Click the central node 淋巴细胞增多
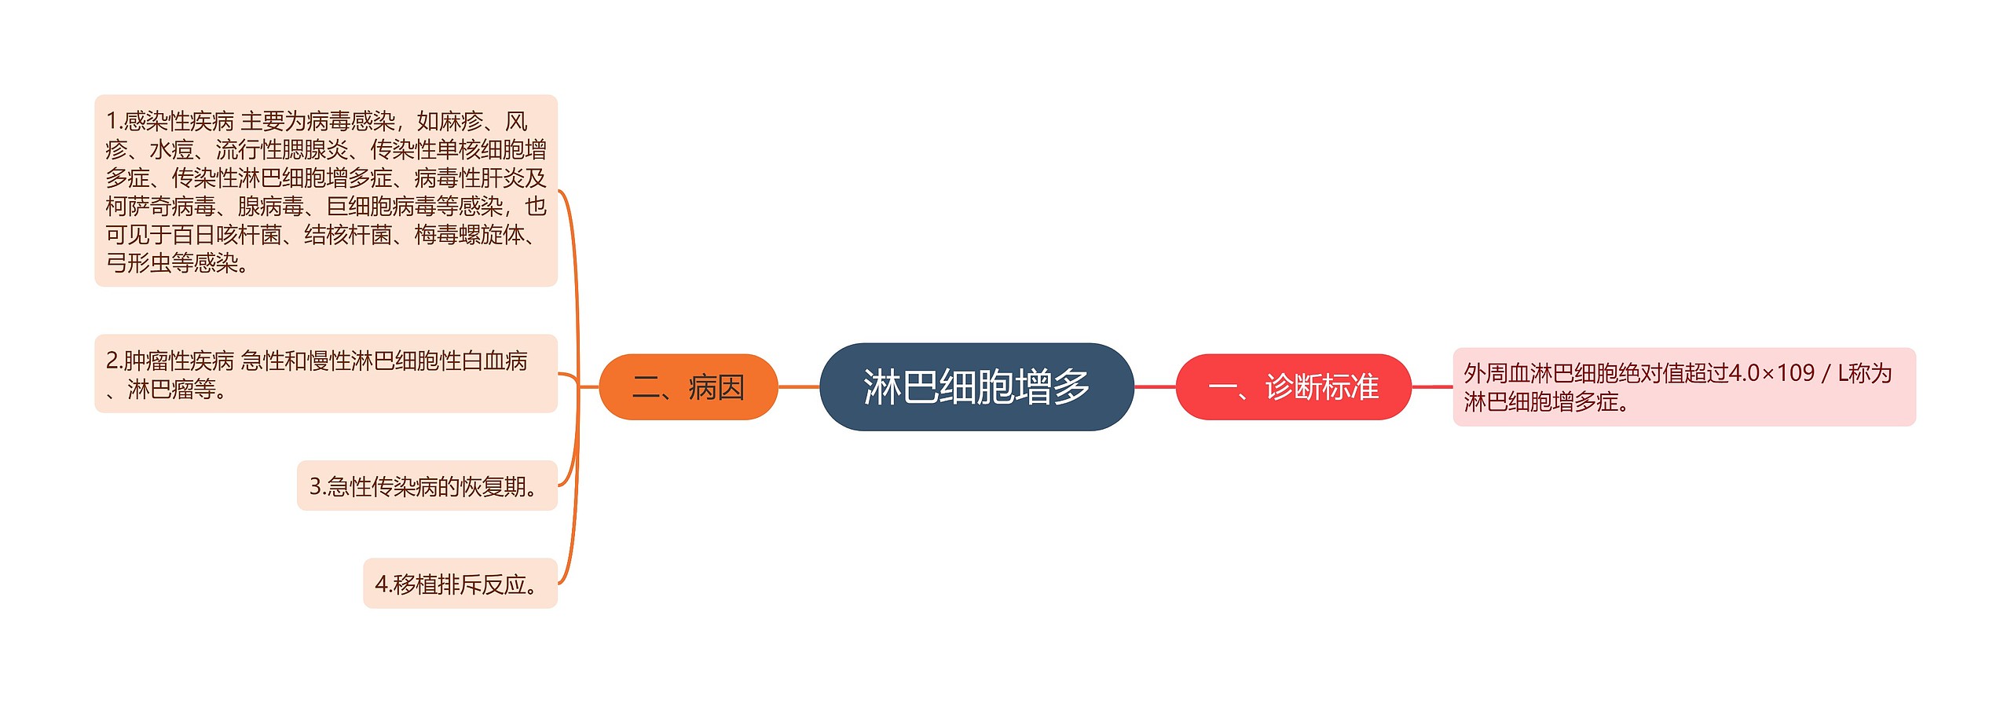(976, 386)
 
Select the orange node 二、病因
(688, 387)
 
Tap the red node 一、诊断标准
(1293, 387)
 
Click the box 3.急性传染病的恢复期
(427, 486)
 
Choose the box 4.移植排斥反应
(460, 584)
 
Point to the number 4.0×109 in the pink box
(1771, 373)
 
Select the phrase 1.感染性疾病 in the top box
(170, 121)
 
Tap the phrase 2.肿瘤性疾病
(170, 361)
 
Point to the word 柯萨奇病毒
(160, 207)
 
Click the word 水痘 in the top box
(171, 149)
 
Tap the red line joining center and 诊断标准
(1155, 386)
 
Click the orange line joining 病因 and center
(798, 386)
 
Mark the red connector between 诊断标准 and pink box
(1432, 386)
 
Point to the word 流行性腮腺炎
(281, 149)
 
